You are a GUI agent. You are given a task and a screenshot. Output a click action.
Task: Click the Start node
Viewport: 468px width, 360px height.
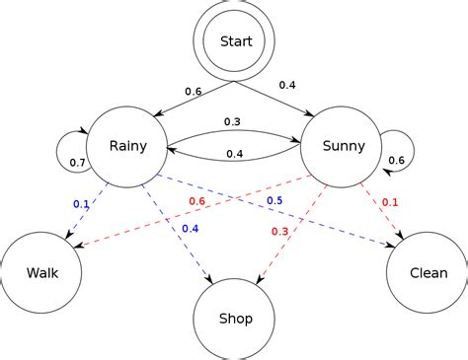235,41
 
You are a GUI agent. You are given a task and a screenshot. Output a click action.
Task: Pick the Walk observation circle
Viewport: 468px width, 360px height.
40,272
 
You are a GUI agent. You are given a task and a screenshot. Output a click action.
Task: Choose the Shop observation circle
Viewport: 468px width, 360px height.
234,318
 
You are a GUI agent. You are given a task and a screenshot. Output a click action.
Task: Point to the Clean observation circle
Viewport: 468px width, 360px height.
427,272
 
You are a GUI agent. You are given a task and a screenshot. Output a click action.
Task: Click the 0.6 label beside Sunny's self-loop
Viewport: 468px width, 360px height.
395,161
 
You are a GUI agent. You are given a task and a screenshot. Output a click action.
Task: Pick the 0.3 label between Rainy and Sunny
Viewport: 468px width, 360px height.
232,122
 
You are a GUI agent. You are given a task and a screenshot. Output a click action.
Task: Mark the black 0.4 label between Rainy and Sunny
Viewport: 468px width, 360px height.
235,153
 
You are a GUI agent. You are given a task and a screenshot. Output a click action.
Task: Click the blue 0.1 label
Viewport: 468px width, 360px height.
81,204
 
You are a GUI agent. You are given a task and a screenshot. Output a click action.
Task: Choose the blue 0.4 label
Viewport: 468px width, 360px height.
191,230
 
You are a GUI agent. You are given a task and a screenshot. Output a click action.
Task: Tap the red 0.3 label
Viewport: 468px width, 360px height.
279,232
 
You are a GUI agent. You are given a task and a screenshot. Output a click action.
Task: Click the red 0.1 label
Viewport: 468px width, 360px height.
390,202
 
